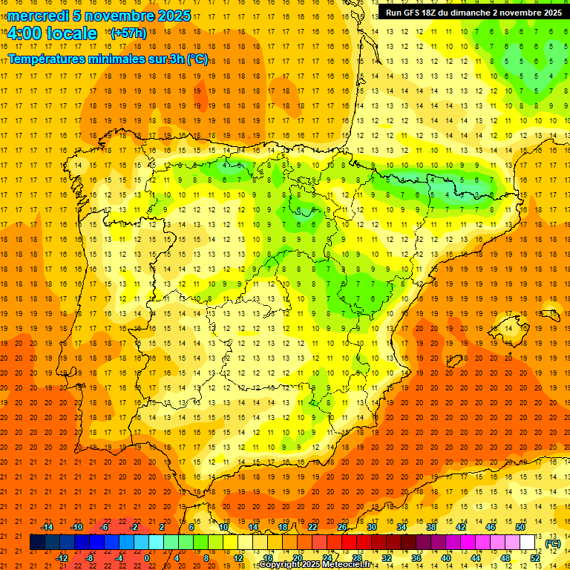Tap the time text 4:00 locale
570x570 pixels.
click(52, 33)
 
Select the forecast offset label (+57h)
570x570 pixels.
click(128, 33)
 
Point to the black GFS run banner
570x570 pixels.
click(474, 13)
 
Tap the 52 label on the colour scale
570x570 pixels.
click(534, 558)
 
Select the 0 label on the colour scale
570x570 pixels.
click(147, 558)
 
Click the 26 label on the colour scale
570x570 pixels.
click(342, 527)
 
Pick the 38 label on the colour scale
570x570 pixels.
click(431, 527)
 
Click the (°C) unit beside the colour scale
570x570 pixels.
click(553, 543)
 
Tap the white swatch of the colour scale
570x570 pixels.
click(527, 543)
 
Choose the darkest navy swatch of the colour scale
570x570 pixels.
click(37, 543)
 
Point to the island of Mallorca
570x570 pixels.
click(506, 325)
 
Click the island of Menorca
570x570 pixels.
click(550, 314)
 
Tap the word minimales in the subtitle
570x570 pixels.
click(116, 59)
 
